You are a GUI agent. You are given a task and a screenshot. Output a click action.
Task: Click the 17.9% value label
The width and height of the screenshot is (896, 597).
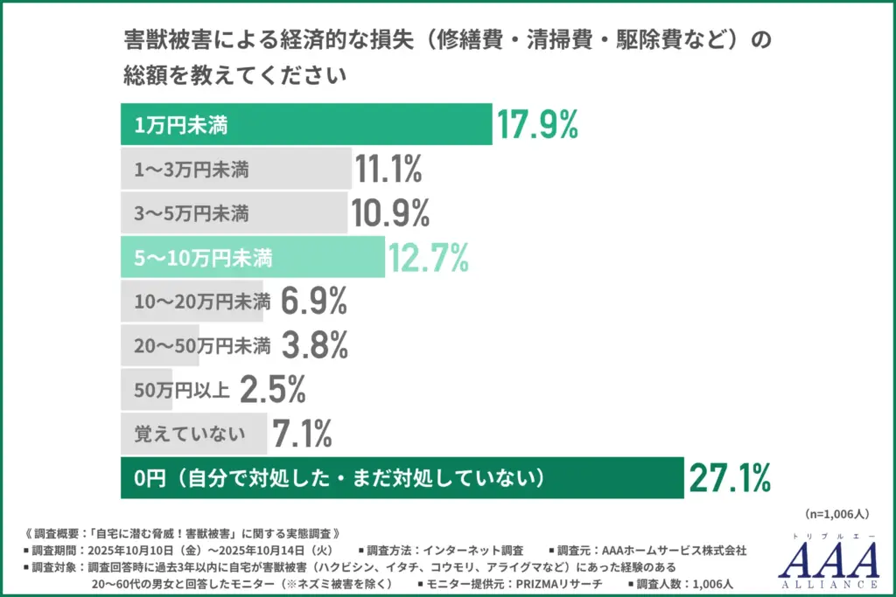(x=538, y=125)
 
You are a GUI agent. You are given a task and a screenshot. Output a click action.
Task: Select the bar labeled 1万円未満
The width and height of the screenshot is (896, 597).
(x=305, y=125)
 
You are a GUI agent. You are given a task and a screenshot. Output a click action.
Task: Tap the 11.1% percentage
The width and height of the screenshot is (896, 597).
(x=388, y=170)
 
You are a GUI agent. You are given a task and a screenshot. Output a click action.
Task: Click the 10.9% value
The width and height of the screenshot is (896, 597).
(x=390, y=213)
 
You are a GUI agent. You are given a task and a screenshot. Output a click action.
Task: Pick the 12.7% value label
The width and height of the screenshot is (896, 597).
(x=429, y=258)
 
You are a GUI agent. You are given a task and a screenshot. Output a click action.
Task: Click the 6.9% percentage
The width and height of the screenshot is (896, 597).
(x=314, y=302)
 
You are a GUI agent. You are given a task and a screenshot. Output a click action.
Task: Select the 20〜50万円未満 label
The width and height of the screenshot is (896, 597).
(x=202, y=346)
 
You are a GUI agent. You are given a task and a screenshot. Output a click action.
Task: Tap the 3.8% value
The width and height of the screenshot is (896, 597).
(x=314, y=346)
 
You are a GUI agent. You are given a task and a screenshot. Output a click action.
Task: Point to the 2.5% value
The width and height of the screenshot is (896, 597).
(x=272, y=390)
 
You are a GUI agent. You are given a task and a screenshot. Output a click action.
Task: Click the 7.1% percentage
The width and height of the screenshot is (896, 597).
(x=302, y=433)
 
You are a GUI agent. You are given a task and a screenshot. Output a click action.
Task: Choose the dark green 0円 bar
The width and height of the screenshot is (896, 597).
(x=402, y=478)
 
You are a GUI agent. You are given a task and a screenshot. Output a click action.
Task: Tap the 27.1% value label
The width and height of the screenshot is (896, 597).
(x=730, y=478)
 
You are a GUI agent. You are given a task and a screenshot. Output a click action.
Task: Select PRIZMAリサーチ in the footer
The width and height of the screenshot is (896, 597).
(x=560, y=583)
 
